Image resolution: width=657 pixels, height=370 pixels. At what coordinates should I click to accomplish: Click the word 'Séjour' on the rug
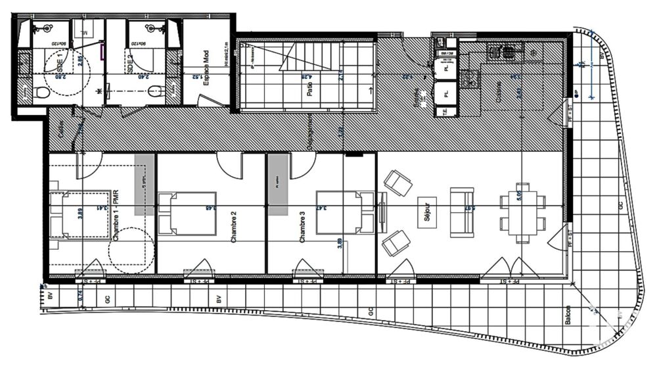point(426,212)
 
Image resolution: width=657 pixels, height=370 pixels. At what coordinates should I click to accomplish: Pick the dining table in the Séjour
point(523,212)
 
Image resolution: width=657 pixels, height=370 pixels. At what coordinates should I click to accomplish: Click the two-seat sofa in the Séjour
point(462,212)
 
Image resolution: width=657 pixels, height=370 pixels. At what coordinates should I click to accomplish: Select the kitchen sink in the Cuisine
point(470,80)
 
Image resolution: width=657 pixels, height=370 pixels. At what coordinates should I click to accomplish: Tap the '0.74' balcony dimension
point(80,296)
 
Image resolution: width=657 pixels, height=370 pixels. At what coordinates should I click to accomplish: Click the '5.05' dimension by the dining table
point(537,195)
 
